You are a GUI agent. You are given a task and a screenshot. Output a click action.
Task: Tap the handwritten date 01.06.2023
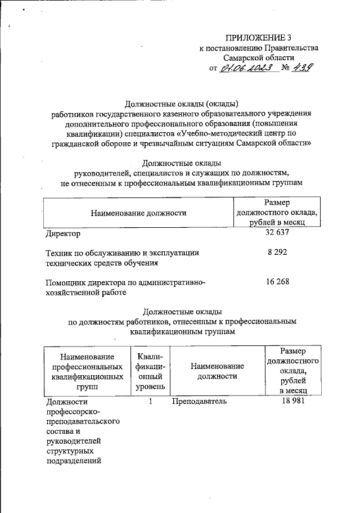pos(247,68)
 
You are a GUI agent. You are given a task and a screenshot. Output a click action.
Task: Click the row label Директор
pos(61,233)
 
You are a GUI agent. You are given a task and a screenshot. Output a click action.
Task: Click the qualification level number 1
pos(150,402)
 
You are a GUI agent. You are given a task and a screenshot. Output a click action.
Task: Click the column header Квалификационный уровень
pos(150,371)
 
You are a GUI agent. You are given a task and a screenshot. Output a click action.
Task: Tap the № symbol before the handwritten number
pos(285,69)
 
